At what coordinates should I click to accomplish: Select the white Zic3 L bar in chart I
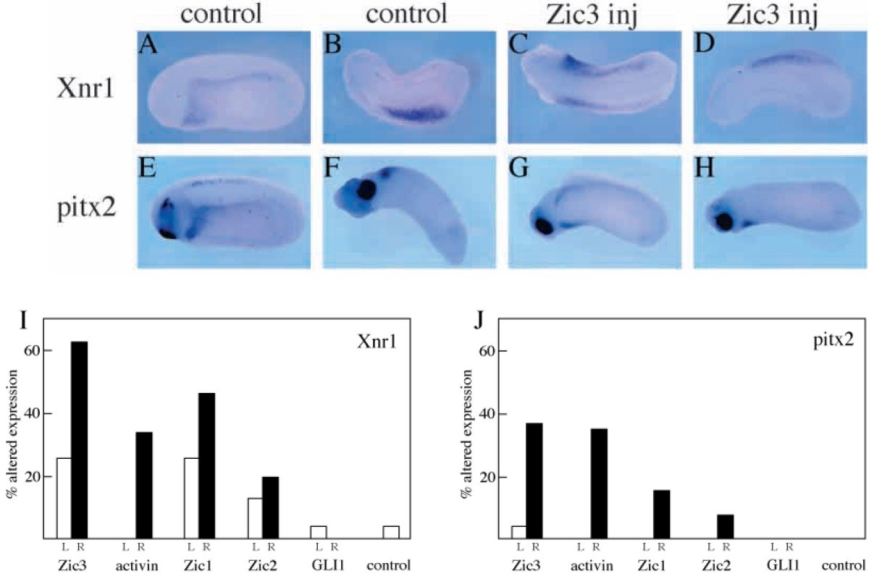[x=63, y=498]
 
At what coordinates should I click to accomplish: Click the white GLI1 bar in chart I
[x=318, y=532]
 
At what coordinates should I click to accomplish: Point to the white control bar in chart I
[x=390, y=532]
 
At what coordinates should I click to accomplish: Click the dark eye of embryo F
[x=366, y=190]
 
